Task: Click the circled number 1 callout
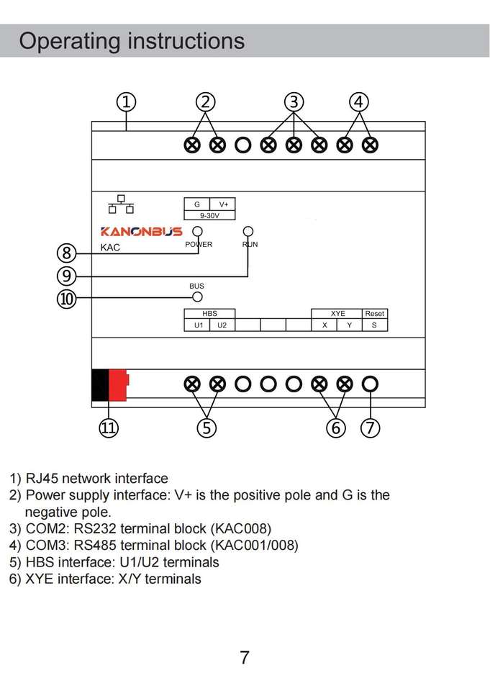click(x=126, y=102)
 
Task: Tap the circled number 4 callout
click(x=358, y=102)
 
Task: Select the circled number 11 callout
click(x=108, y=428)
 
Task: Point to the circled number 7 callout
click(x=370, y=428)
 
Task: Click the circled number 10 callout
click(x=66, y=298)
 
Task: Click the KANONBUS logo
click(x=141, y=232)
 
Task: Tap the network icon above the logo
click(x=121, y=204)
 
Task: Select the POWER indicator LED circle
click(x=198, y=232)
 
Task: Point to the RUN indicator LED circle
click(x=248, y=232)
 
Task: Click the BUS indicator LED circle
click(x=197, y=297)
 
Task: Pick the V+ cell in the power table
click(x=223, y=204)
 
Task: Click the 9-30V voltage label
click(x=209, y=215)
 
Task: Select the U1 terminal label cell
click(x=198, y=325)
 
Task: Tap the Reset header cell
click(x=374, y=314)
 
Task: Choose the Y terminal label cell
click(x=350, y=325)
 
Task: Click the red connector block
click(x=117, y=384)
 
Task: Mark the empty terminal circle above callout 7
click(x=370, y=384)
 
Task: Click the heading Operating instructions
click(x=132, y=41)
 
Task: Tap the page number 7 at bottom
click(x=245, y=657)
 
